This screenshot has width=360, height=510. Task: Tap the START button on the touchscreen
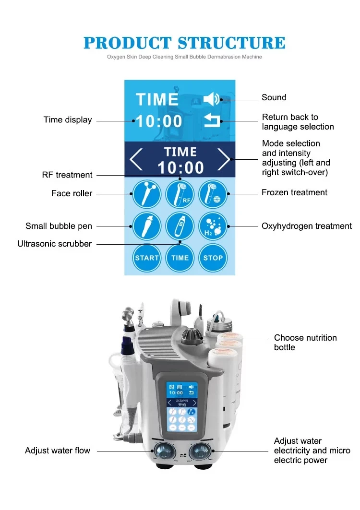147,258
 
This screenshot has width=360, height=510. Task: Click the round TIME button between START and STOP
180,258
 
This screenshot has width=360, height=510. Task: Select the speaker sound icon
212,99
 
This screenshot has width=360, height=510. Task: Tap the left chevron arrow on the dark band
136,160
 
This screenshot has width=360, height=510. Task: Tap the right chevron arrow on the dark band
224,160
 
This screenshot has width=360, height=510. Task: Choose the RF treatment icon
180,193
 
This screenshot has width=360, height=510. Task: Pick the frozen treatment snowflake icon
213,193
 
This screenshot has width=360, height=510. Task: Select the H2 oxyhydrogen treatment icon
213,226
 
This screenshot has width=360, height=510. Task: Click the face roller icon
147,193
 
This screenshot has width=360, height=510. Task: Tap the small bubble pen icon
147,226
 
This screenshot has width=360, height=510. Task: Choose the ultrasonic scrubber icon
180,226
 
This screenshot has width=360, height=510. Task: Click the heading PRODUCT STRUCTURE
184,43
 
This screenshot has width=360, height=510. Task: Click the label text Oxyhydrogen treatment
306,226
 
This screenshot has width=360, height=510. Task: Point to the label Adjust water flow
58,451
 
